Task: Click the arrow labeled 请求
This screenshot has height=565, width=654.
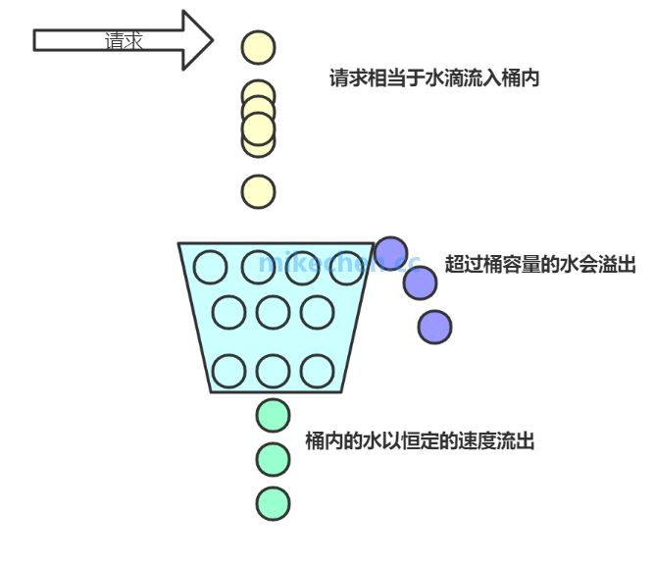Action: [x=123, y=40]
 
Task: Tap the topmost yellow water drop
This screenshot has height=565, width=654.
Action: [x=259, y=46]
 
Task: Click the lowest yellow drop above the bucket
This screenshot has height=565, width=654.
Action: [x=259, y=191]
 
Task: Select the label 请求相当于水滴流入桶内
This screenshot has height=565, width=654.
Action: [x=434, y=78]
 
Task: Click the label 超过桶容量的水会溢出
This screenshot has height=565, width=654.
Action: [x=540, y=264]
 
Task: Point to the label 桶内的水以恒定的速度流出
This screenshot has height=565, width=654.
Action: [x=420, y=441]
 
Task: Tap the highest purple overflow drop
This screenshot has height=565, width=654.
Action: [x=391, y=253]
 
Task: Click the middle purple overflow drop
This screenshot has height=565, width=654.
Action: [x=420, y=282]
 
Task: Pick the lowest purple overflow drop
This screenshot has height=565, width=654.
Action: [x=434, y=327]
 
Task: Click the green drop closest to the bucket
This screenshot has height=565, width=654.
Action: [x=274, y=414]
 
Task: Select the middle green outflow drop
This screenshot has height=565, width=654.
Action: [x=274, y=458]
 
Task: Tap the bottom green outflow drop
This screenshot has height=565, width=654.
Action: [x=274, y=503]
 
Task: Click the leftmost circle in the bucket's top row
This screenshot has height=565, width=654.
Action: [x=211, y=267]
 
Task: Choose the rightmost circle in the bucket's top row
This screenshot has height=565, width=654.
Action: [x=345, y=267]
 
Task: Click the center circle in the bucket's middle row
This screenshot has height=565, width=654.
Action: [x=273, y=313]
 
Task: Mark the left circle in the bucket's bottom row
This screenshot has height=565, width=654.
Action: [x=228, y=371]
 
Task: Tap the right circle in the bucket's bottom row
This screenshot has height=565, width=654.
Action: [x=318, y=371]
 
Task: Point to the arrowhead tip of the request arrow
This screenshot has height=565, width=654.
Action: [x=212, y=40]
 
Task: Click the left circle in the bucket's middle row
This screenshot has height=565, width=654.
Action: [x=228, y=313]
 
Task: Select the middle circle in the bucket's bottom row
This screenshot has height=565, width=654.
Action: [x=273, y=371]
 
